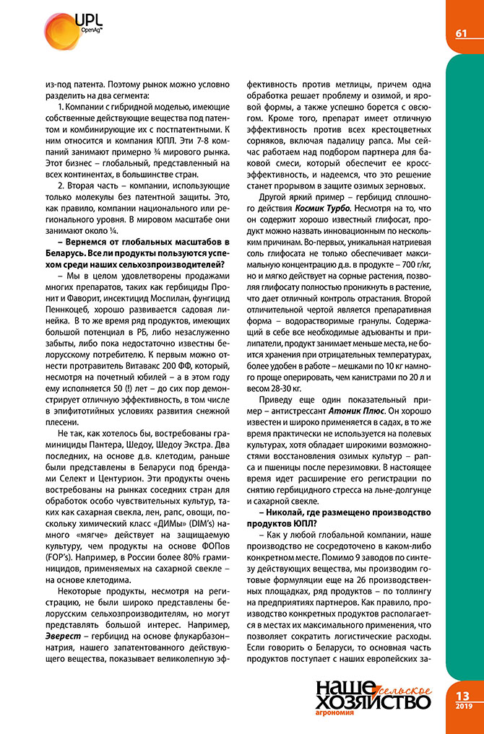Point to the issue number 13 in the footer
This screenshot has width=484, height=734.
pyautogui.click(x=463, y=695)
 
